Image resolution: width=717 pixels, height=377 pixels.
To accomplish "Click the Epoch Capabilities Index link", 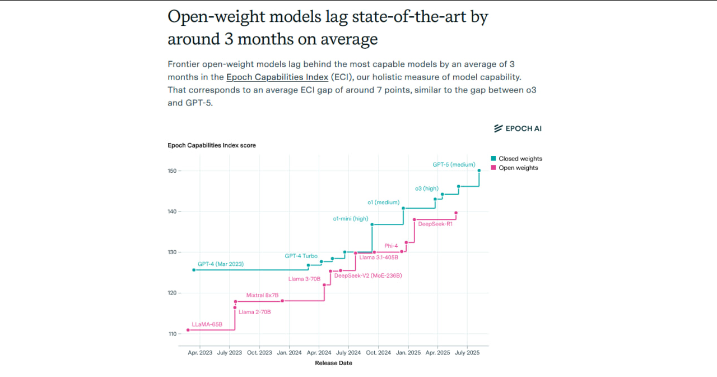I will tap(277, 77).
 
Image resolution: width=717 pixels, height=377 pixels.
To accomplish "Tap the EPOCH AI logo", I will tap(518, 128).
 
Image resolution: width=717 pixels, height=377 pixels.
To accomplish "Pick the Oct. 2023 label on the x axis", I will tap(259, 352).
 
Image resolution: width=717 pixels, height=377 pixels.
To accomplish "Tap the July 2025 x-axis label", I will tap(467, 352).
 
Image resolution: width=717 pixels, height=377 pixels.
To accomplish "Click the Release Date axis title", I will tap(333, 363).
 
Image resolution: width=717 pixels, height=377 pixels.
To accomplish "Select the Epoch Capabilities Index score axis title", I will tap(212, 145).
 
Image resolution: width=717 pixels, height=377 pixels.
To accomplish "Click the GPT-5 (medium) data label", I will tap(454, 165).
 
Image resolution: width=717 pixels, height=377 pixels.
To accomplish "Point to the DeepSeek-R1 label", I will tap(435, 224).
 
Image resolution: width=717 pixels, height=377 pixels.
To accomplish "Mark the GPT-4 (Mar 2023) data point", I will tap(194, 270).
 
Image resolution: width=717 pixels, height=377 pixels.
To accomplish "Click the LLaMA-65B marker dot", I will tap(188, 330).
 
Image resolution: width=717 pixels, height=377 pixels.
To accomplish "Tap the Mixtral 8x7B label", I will tap(262, 295).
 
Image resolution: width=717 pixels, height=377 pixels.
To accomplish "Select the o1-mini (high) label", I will tap(351, 219).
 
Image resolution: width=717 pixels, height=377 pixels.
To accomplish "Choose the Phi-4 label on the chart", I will tap(391, 246).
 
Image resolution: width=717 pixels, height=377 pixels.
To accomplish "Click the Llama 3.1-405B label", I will tap(379, 258).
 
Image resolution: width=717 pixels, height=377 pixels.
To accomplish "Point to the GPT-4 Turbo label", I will tap(301, 256).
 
